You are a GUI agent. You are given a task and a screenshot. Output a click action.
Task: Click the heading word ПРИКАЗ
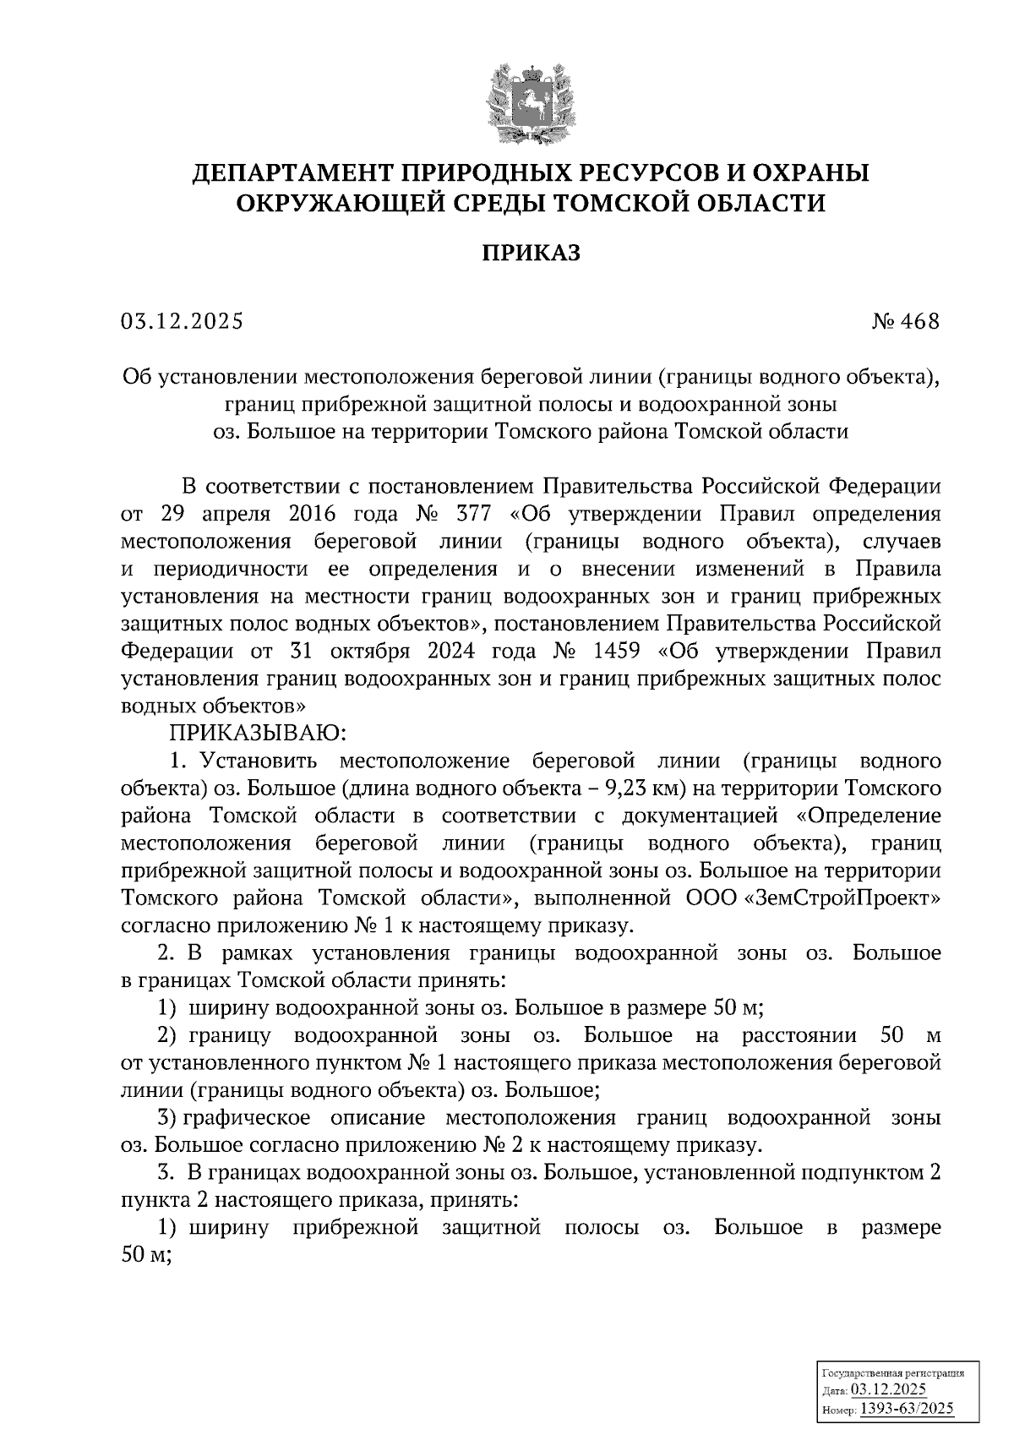pos(532,253)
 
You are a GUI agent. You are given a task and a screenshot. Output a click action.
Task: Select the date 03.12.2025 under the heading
pos(182,322)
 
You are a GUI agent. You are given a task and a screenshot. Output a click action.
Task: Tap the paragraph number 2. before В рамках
pos(166,953)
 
